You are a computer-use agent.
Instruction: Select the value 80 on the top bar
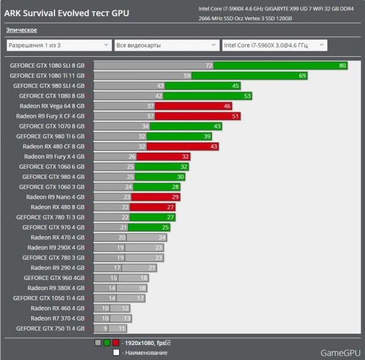[x=342, y=66]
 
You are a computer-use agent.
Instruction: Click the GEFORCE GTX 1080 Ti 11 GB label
[x=47, y=76]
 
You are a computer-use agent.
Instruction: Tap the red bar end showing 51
[x=235, y=116]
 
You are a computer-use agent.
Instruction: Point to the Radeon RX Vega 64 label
[x=51, y=106]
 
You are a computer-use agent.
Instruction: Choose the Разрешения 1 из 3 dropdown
[x=58, y=45]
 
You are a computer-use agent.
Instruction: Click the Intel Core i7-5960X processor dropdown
[x=274, y=45]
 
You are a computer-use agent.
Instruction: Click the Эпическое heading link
[x=22, y=30]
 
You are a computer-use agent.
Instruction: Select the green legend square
[x=107, y=343]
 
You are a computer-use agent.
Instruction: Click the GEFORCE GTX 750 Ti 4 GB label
[x=50, y=328]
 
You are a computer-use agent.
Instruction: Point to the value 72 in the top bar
[x=209, y=66]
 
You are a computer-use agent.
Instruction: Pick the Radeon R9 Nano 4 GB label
[x=55, y=197]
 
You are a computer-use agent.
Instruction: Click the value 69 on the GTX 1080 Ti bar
[x=302, y=76]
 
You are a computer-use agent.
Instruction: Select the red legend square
[x=115, y=343]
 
